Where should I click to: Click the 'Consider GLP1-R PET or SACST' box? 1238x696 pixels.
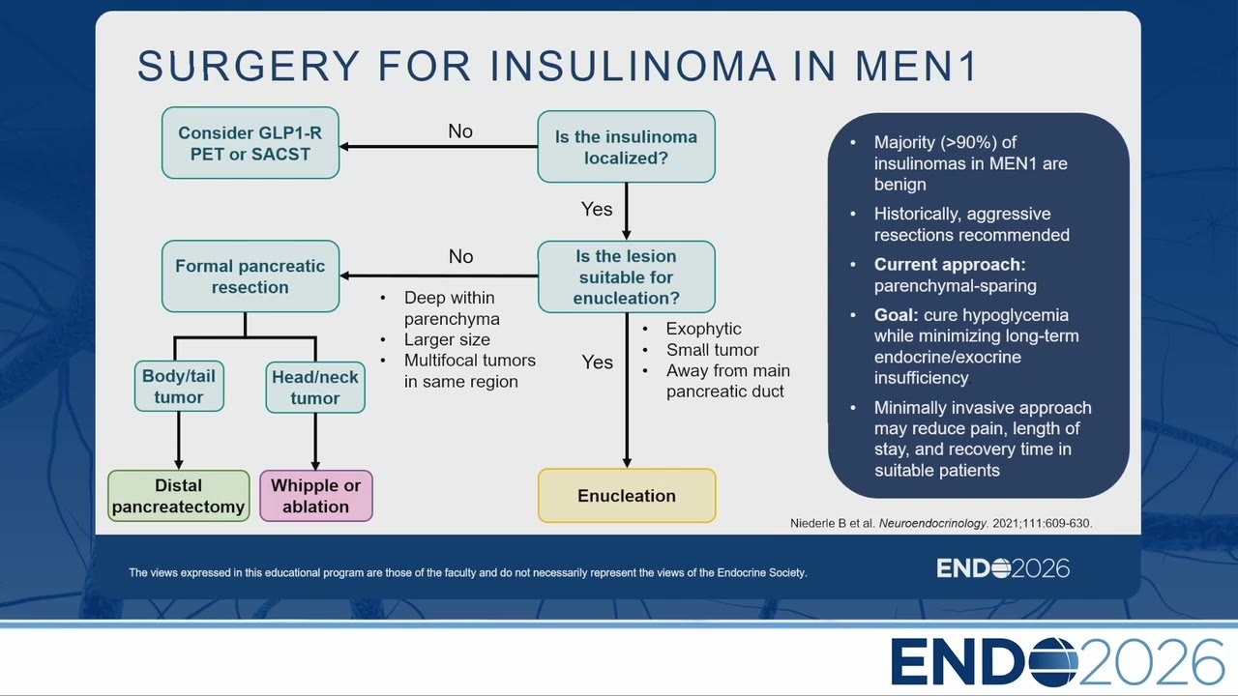pos(251,143)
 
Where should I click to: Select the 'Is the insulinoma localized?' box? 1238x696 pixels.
pos(626,147)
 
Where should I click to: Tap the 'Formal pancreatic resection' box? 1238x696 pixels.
pos(251,276)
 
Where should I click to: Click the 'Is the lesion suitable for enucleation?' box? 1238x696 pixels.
pos(626,276)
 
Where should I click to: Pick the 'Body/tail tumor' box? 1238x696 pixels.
pos(179,386)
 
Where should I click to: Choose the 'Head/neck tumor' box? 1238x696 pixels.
pos(315,388)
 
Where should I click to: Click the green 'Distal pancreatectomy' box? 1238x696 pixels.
pos(179,496)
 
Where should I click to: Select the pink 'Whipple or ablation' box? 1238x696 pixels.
pos(316,496)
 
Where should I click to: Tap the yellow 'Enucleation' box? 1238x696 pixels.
pos(627,496)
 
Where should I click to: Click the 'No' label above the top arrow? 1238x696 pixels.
pos(460,131)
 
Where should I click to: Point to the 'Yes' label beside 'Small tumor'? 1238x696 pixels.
pos(597,362)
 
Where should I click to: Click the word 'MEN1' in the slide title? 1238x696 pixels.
pos(916,67)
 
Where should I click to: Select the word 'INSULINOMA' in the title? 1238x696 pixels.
pos(634,67)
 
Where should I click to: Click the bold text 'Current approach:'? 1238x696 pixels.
pos(950,265)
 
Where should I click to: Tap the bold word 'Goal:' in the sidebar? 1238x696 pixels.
pos(896,315)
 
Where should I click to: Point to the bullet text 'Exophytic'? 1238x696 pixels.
pos(703,329)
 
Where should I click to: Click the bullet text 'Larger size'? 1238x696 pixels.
pos(447,339)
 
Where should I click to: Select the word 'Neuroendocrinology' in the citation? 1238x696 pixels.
pos(932,523)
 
